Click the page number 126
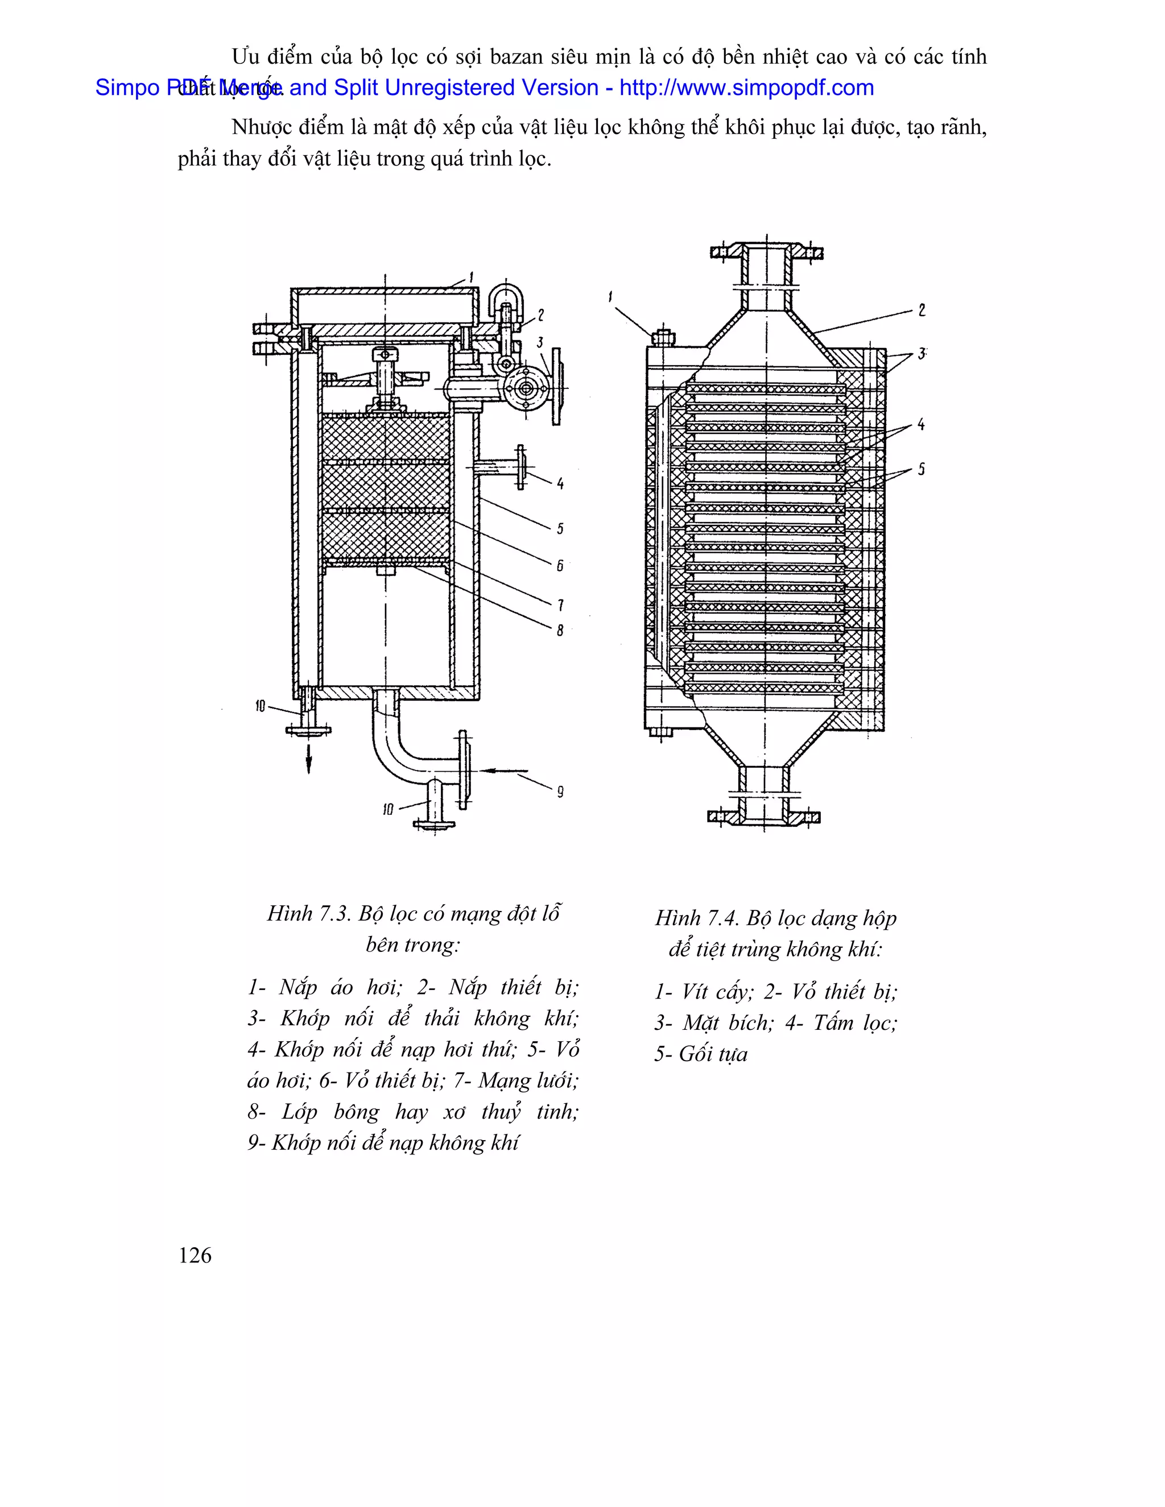[x=195, y=1255]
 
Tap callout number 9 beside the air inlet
[x=560, y=792]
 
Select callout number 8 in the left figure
[x=560, y=630]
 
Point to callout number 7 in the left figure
[x=560, y=605]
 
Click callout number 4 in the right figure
[x=921, y=425]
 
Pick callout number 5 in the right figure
[x=921, y=470]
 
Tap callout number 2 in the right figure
[x=922, y=310]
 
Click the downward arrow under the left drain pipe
[x=308, y=759]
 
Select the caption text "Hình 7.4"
[x=697, y=918]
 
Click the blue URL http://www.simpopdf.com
[x=746, y=88]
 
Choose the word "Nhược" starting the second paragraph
[x=262, y=127]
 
